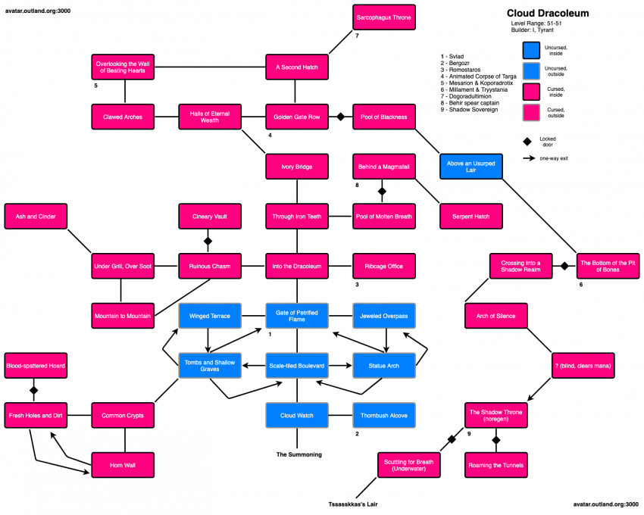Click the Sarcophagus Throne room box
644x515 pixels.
(384, 17)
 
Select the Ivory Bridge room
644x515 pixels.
(296, 167)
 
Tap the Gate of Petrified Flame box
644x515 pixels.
(296, 316)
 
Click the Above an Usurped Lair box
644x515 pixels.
(471, 167)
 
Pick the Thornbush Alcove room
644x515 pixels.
(384, 415)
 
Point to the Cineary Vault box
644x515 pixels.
(209, 217)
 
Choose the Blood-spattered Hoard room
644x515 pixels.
(35, 366)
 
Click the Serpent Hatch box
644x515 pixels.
(471, 217)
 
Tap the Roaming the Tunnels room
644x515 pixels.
(496, 465)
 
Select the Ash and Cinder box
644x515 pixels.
(35, 217)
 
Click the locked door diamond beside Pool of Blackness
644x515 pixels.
(341, 117)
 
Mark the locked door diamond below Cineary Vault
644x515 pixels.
(209, 242)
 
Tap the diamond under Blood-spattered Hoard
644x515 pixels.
(33, 391)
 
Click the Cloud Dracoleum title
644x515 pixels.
(547, 14)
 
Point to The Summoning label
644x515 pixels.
(298, 454)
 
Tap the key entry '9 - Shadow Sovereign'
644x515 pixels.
(469, 110)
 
